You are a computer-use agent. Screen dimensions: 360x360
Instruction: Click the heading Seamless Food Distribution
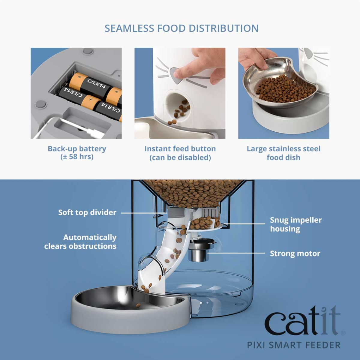tap(181, 28)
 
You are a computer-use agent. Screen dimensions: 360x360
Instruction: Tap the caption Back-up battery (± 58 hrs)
tap(77, 153)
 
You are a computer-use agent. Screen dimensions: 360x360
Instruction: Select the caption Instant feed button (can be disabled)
tap(180, 153)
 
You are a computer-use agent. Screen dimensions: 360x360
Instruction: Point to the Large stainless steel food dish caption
tap(283, 153)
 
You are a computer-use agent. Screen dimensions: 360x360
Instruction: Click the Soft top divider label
tap(87, 212)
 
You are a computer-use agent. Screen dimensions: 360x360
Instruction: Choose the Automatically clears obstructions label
tap(80, 242)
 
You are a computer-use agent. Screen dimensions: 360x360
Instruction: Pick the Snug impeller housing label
tap(295, 224)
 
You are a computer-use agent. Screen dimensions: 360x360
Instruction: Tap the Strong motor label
tap(295, 253)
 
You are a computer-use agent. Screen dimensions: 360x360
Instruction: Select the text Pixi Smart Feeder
tap(294, 345)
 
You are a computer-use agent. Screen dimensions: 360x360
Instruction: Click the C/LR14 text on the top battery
tap(96, 83)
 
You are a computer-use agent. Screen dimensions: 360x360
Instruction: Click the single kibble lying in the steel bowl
tap(138, 305)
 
